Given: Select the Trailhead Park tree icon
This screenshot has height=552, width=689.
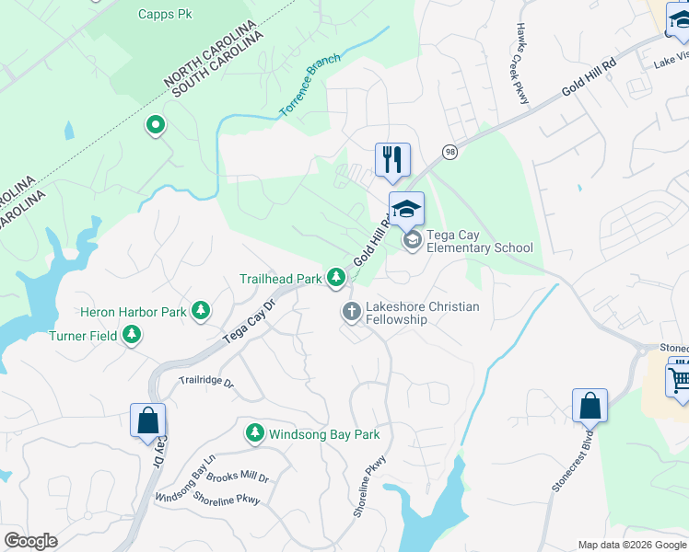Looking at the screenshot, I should coord(336,277).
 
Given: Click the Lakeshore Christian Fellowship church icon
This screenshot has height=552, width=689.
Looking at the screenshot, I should coord(351,313).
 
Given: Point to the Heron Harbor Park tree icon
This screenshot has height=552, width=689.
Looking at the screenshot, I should coord(200,312).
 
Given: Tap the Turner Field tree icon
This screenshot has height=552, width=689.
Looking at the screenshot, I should coord(133,336).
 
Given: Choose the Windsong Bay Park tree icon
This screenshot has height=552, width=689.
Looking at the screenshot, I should coord(254,432).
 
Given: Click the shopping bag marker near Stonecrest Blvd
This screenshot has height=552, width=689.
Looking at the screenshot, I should coord(590,407).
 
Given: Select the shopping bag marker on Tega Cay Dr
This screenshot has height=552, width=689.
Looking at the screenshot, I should coord(147,421).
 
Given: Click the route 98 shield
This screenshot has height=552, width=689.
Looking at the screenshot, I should coord(450,152).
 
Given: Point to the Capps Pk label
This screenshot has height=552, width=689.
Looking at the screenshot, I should coord(165,14).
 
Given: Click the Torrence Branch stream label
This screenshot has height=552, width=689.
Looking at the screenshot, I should coord(310,86).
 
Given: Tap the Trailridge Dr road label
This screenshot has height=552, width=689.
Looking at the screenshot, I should coord(206,380).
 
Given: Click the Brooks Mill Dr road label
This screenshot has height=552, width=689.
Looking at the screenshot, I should coord(238,478).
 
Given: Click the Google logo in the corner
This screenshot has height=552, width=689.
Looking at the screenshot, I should coord(30,541).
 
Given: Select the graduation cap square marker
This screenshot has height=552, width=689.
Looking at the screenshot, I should coord(406,209).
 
